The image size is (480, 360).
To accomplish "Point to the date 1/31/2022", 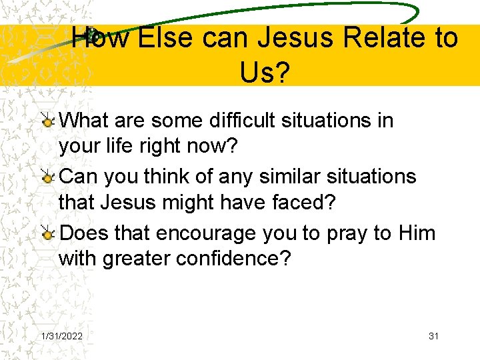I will (x=62, y=336).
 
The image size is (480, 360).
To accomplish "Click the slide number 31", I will (x=433, y=336).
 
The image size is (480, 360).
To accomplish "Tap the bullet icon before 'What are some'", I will (x=48, y=121).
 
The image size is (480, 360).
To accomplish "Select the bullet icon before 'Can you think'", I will (x=48, y=177).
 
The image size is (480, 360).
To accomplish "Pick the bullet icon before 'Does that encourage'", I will (x=48, y=233).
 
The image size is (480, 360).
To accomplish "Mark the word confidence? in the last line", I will (x=234, y=259).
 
